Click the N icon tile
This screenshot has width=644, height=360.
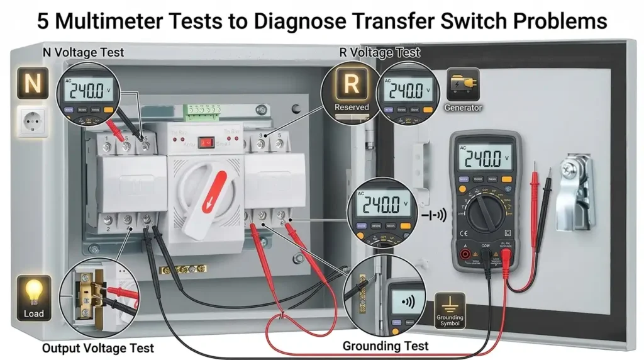(x=32, y=84)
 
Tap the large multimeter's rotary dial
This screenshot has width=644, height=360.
(x=483, y=212)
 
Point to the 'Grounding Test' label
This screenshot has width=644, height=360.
(x=386, y=346)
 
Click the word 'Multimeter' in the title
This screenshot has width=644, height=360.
(x=130, y=21)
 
